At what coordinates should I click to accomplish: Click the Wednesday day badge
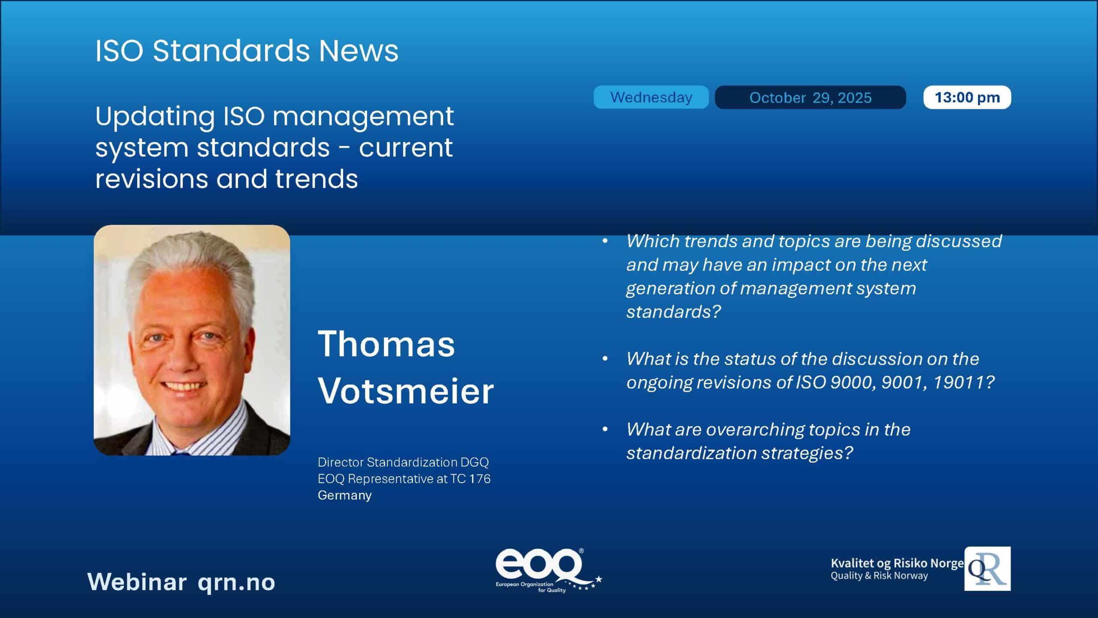(651, 97)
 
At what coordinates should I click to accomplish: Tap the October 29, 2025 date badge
(810, 97)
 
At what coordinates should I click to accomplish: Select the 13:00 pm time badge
(967, 97)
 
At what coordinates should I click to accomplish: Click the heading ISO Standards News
(247, 51)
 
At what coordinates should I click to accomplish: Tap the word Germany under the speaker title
(344, 495)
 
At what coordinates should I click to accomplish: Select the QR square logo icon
(987, 569)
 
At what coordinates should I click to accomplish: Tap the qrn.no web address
(236, 583)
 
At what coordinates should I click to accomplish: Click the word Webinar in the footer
(137, 582)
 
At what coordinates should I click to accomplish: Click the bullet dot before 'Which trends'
(605, 241)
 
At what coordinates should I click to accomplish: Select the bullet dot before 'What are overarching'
(605, 429)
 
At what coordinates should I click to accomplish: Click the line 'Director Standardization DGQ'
(403, 462)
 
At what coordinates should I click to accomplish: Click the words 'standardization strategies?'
(739, 453)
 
